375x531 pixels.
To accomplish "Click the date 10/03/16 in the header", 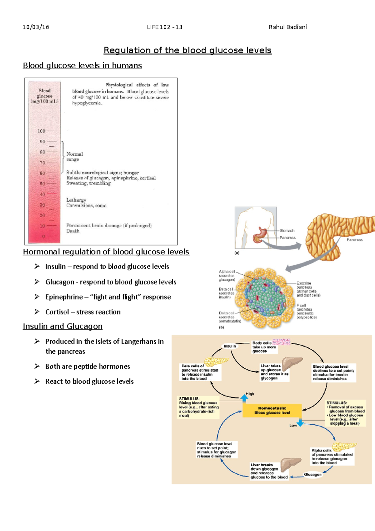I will pyautogui.click(x=36, y=27).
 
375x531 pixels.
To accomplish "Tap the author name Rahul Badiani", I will pyautogui.click(x=287, y=27).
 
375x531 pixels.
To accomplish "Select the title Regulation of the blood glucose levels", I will pyautogui.click(x=187, y=50).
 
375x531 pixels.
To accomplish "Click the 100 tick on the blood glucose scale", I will pyautogui.click(x=42, y=131).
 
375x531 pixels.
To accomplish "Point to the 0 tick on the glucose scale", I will pyautogui.click(x=43, y=236).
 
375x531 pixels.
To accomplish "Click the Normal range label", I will pyautogui.click(x=74, y=157).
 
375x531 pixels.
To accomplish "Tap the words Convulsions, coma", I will pyautogui.click(x=86, y=205).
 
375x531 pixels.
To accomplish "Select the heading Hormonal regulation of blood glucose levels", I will pyautogui.click(x=106, y=252).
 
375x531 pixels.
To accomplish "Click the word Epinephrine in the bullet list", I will pyautogui.click(x=64, y=297).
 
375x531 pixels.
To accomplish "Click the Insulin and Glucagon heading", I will pyautogui.click(x=62, y=326).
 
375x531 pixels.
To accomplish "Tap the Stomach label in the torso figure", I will pyautogui.click(x=287, y=230).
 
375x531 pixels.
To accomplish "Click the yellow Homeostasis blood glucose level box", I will pyautogui.click(x=272, y=410).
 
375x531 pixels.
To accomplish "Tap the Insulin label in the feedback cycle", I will pyautogui.click(x=230, y=346).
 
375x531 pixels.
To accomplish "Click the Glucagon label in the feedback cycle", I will pyautogui.click(x=312, y=474).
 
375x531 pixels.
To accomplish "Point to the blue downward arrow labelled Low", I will pyautogui.click(x=300, y=423).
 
